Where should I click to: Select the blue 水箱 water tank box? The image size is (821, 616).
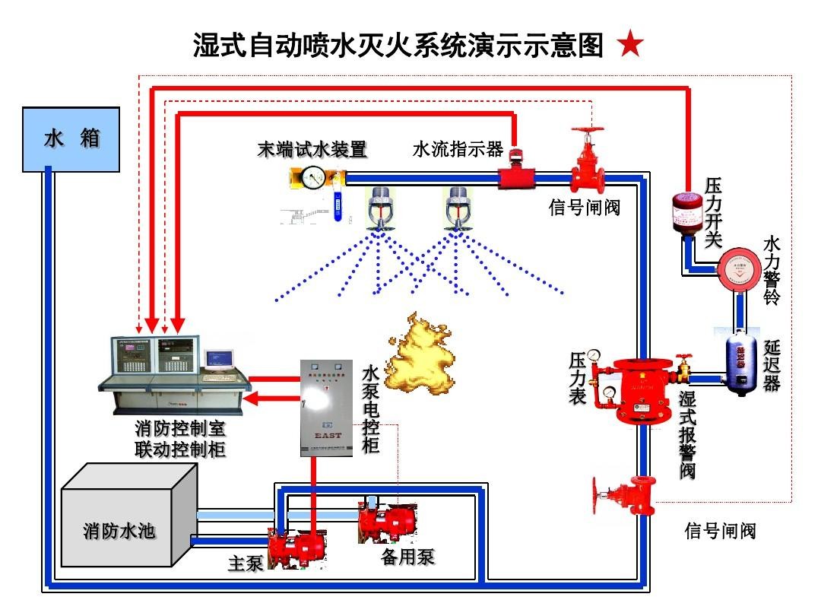pos(71,139)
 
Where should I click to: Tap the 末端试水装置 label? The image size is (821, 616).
pos(312,150)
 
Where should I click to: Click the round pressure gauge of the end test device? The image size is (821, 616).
pos(313,179)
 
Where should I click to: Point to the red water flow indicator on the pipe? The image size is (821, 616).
pos(515,176)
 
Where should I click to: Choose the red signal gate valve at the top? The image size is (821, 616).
pos(588,164)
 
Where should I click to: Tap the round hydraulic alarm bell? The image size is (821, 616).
pos(739,268)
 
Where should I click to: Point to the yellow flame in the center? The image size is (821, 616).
pos(423,354)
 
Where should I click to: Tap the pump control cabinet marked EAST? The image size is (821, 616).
pos(326,408)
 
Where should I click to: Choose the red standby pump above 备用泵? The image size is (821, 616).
pos(388,522)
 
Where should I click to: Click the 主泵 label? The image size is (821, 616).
pos(246,564)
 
